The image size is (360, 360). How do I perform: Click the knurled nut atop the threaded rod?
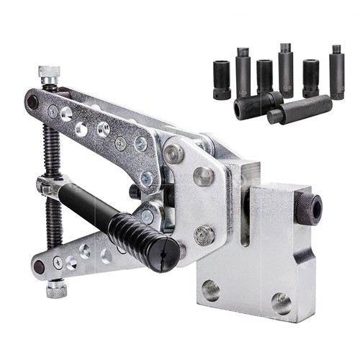click(48, 74)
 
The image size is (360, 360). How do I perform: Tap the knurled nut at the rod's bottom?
click(56, 289)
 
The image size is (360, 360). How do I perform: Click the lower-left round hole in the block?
click(211, 290)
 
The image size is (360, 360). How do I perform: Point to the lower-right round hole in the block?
click(282, 303)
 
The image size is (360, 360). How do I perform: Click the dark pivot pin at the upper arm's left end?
click(32, 102)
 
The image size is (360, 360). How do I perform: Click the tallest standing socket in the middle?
click(286, 69)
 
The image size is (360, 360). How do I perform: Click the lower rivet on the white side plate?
click(204, 234)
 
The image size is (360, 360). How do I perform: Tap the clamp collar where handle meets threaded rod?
click(51, 186)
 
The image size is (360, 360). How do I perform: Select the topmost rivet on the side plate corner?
click(174, 154)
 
